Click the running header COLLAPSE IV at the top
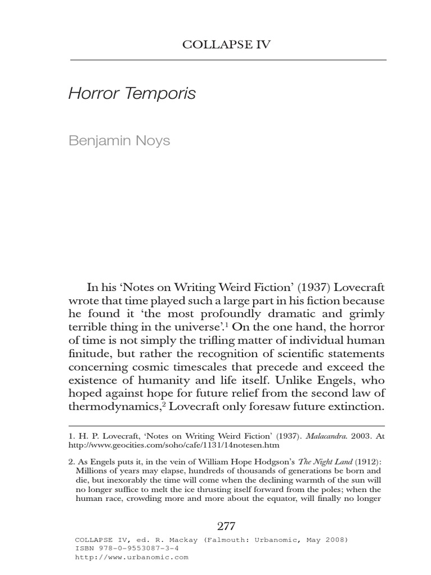pyautogui.click(x=226, y=45)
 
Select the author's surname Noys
pyautogui.click(x=152, y=140)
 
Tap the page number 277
pyautogui.click(x=226, y=526)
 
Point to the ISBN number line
pyautogui.click(x=127, y=549)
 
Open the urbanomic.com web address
pyautogui.click(x=132, y=558)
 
